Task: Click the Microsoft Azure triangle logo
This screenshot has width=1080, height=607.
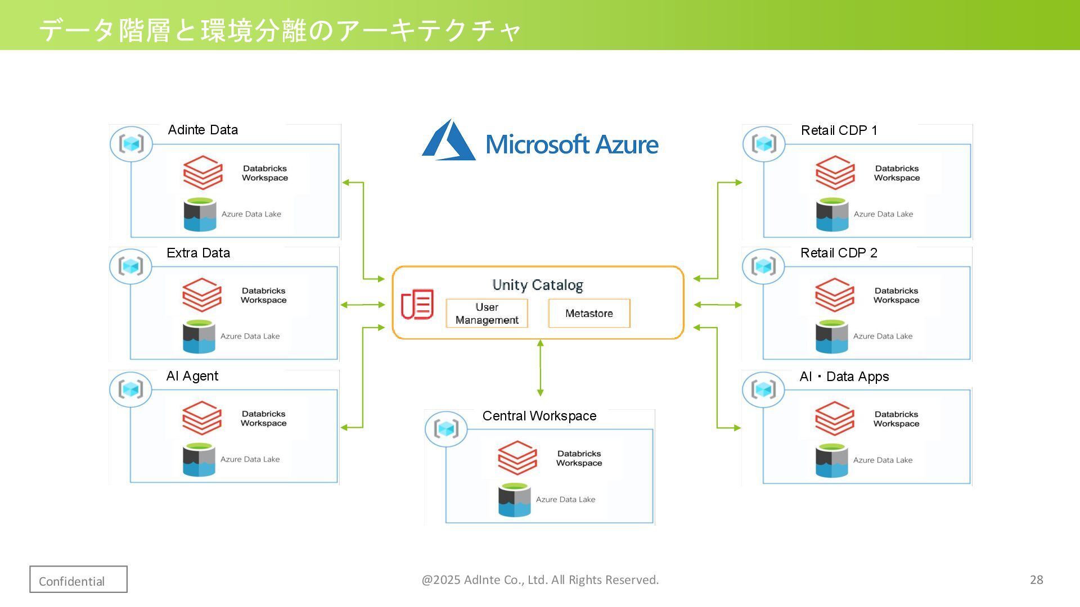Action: pos(448,141)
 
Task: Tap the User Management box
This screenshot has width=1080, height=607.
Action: pos(487,314)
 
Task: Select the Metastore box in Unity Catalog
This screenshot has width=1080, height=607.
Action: pos(589,314)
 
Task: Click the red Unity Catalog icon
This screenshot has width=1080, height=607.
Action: pos(417,304)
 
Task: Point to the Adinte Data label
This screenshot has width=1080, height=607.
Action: pos(202,130)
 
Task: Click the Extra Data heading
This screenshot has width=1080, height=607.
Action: pos(198,253)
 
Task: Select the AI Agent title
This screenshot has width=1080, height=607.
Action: pos(192,376)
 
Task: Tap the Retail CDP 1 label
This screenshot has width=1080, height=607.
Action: pos(839,130)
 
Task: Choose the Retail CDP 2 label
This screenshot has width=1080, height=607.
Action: pos(839,253)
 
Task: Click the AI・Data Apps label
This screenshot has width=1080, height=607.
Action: pos(844,377)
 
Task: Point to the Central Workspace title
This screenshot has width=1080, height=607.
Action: pos(539,416)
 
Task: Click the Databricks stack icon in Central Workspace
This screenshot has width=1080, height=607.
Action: pos(517,457)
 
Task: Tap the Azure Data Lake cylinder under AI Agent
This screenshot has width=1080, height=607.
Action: pos(199,460)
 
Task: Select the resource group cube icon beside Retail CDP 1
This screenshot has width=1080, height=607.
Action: pos(764,144)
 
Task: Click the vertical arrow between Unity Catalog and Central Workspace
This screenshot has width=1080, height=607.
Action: pos(540,368)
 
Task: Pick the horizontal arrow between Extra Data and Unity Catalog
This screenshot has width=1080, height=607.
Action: pos(363,305)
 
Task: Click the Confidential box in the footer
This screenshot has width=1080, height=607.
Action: pos(78,579)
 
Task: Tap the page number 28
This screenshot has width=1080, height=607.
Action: pos(1036,580)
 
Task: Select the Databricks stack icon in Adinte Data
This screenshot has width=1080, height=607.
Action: pos(202,173)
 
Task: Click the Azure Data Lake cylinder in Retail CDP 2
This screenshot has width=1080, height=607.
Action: pos(831,337)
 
